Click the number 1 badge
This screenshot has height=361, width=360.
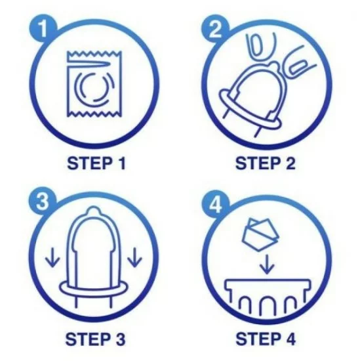point(43,29)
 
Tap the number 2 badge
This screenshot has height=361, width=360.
point(215,29)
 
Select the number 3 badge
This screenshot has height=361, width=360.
point(43,202)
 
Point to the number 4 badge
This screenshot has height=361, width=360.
point(215,203)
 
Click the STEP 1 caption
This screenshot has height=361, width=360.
point(96,163)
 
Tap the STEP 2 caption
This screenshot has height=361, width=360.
point(265,163)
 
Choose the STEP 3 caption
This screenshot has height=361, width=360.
point(95,339)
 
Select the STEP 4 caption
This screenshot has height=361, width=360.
point(266,339)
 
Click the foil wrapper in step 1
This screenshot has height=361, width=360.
point(94,84)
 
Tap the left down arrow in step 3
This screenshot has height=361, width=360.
point(52,257)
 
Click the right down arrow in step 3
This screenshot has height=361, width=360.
point(134,257)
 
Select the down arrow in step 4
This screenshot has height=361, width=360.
point(267,264)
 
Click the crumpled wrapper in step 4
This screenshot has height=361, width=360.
point(260,234)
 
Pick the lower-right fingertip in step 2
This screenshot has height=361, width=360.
point(300,63)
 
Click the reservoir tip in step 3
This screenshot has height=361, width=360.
point(93,211)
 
